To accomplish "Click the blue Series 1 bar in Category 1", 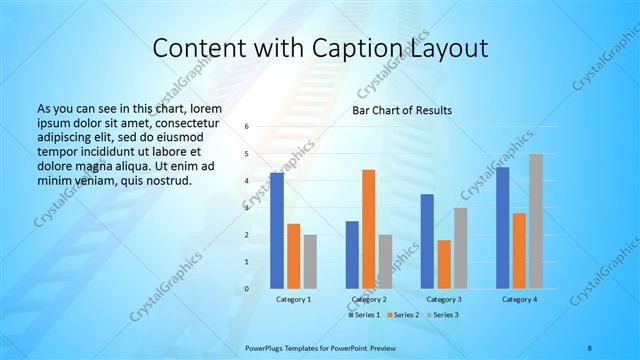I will click(x=276, y=231).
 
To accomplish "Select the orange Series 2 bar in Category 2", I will click(x=368, y=229).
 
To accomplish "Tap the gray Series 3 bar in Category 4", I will click(x=536, y=221).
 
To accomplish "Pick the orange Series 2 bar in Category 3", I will click(x=444, y=264).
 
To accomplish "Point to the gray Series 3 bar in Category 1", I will click(x=310, y=262).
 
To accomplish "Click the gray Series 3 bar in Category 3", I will click(x=460, y=248).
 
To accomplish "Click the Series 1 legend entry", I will click(x=363, y=315).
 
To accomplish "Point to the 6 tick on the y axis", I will click(x=246, y=127).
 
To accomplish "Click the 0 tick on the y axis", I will click(x=246, y=289).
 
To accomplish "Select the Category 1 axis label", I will click(x=293, y=299).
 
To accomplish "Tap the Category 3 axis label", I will click(x=444, y=299).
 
